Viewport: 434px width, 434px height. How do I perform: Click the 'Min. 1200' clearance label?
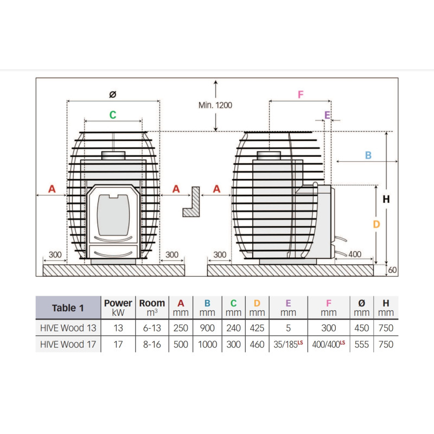point(215,105)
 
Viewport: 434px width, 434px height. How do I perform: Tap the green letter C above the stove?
point(113,115)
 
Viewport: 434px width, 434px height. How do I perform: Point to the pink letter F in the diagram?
point(301,94)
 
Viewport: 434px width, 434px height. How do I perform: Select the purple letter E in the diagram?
point(327,115)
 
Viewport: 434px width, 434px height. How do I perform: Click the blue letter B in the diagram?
point(368,155)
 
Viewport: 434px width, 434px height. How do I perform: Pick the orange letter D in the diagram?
point(376,224)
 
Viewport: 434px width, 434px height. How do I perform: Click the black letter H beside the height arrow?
point(386,199)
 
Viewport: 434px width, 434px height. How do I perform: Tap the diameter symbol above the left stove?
point(113,94)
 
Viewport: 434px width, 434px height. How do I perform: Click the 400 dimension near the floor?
point(355,254)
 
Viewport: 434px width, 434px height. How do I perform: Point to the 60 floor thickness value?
point(392,270)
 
